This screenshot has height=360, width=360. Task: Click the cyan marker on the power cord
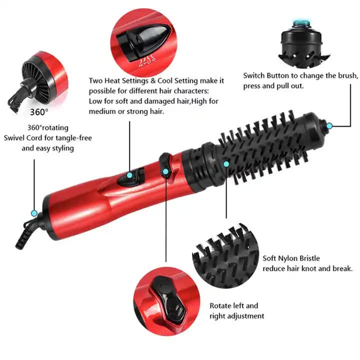pos(34,213)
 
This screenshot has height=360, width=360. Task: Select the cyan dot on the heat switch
pos(130,175)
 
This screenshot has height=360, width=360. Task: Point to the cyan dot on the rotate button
pos(166,171)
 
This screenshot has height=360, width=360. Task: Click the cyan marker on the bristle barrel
pos(226,163)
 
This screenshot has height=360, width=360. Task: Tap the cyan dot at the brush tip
pos(330,125)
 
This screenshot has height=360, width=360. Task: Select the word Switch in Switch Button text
pos(254,76)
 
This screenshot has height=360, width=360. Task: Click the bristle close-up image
pos(224,255)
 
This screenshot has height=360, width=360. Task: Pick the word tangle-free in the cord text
pos(74,137)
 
